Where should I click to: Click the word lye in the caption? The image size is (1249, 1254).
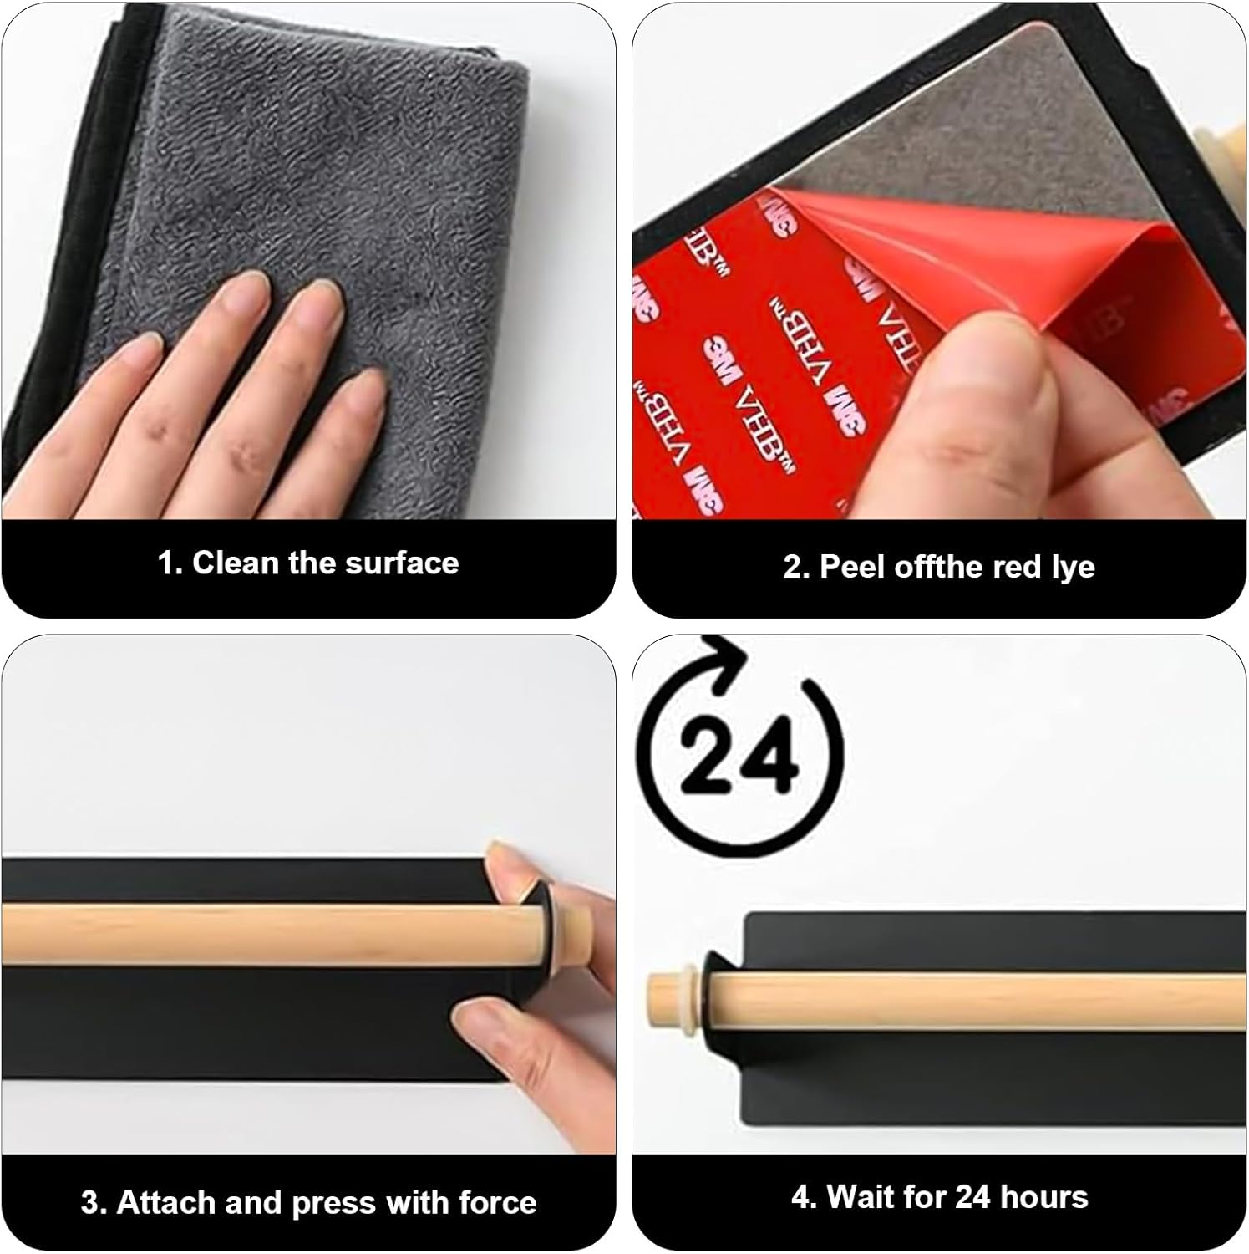(x=1073, y=567)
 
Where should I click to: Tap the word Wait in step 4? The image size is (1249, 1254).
(x=861, y=1197)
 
